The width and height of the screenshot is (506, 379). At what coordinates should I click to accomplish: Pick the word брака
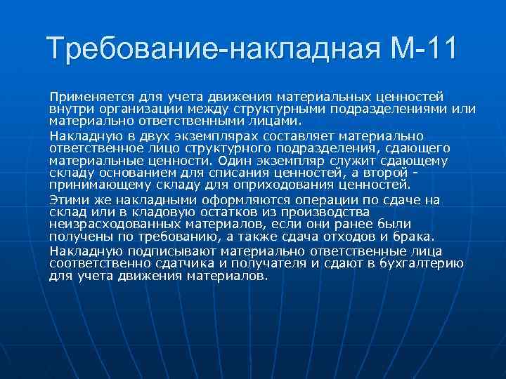(x=416, y=236)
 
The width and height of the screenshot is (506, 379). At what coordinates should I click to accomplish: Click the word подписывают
(x=176, y=251)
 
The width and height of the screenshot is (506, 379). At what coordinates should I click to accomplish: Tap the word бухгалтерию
(x=422, y=264)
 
